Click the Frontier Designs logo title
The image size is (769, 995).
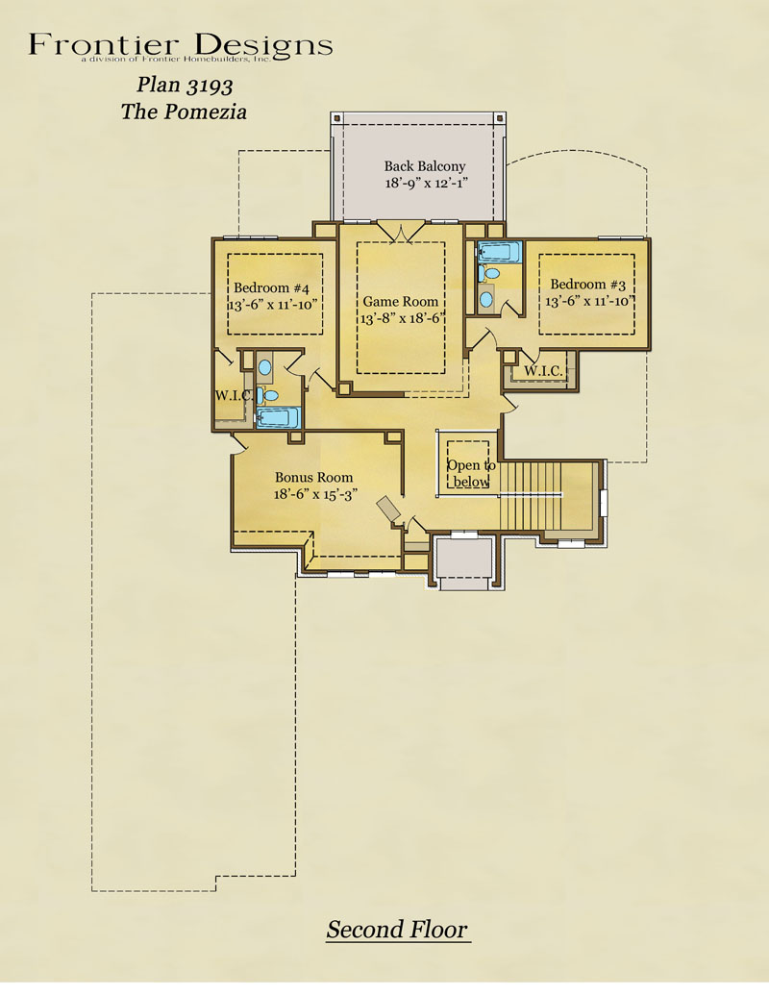[181, 46]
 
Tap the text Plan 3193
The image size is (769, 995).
[185, 85]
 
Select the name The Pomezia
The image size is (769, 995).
[184, 112]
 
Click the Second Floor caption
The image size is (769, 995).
[397, 929]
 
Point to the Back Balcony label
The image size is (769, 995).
[425, 166]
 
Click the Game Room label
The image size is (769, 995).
[401, 302]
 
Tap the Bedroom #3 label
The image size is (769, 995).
[587, 285]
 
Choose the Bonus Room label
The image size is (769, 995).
[313, 477]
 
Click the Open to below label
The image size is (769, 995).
[471, 473]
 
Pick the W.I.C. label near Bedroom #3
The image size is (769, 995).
[543, 371]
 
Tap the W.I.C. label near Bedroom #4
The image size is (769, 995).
[235, 395]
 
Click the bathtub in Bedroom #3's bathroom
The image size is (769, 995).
[500, 252]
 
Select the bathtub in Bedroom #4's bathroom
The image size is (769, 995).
[277, 417]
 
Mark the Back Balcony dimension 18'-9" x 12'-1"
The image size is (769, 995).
[427, 184]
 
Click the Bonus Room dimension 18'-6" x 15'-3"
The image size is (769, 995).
[315, 494]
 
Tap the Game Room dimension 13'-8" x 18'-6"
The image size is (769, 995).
[401, 318]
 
